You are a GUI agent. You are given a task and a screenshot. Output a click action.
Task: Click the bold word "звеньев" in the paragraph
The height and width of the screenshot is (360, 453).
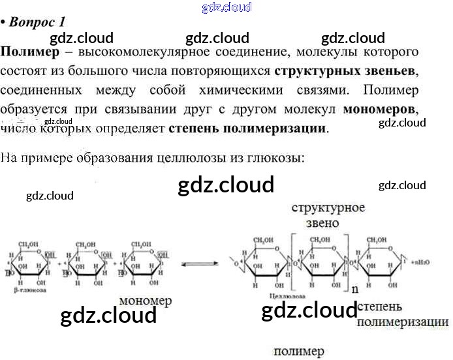pos(388,69)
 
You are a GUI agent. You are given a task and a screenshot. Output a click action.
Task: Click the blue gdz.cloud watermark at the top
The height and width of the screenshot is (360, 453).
pos(227,8)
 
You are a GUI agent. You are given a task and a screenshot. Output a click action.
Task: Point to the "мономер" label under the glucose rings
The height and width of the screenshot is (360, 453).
pos(145,301)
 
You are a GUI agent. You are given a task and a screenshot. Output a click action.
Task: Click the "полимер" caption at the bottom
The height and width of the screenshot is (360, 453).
pos(298,351)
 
